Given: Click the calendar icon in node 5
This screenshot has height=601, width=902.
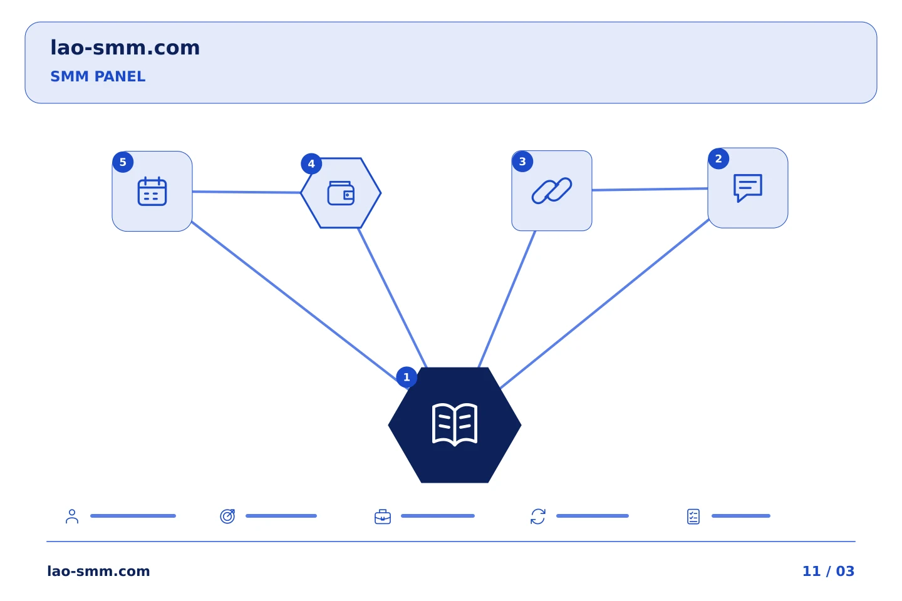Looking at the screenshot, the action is tap(152, 191).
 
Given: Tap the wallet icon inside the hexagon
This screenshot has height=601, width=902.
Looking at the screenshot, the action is tap(341, 193).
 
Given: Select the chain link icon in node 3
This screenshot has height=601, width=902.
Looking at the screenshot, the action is tap(551, 190).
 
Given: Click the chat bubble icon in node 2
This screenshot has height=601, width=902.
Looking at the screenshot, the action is tap(747, 188).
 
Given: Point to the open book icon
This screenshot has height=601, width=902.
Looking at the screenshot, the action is tap(455, 424).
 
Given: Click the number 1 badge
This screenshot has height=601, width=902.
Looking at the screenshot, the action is tap(407, 377).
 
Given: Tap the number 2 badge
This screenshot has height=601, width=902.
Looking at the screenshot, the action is tap(718, 158).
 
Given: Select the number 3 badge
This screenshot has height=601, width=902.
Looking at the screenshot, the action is tap(522, 162).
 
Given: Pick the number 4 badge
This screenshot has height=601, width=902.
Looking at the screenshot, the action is tap(311, 164).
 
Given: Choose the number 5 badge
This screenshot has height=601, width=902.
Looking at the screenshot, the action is tap(123, 162).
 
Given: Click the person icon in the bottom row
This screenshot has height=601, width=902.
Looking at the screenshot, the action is tap(72, 516).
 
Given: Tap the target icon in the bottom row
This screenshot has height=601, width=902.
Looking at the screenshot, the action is tap(227, 516).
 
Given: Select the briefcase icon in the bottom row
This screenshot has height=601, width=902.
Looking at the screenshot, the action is tap(383, 516).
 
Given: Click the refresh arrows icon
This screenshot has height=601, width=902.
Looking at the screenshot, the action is tap(538, 516).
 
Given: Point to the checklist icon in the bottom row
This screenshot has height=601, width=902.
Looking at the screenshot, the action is tap(693, 516).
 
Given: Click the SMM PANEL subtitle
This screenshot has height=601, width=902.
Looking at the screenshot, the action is tap(98, 76).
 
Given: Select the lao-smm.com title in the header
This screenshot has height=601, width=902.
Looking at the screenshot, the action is tap(125, 48).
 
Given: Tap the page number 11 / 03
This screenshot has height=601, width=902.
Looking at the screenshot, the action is tap(828, 571).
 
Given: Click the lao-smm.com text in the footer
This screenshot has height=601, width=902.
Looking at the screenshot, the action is tap(99, 571).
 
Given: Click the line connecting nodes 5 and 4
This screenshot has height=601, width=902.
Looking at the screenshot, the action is tap(246, 192).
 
